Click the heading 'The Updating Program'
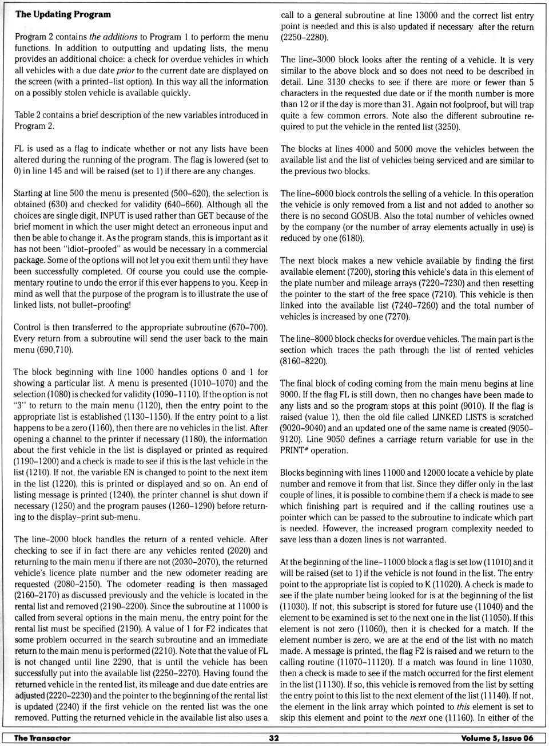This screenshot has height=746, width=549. click(x=63, y=14)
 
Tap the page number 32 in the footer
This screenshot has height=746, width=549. click(x=274, y=738)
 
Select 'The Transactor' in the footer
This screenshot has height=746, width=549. click(x=42, y=738)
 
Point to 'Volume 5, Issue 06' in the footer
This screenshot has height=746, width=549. click(x=497, y=738)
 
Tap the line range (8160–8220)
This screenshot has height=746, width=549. click(x=304, y=361)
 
